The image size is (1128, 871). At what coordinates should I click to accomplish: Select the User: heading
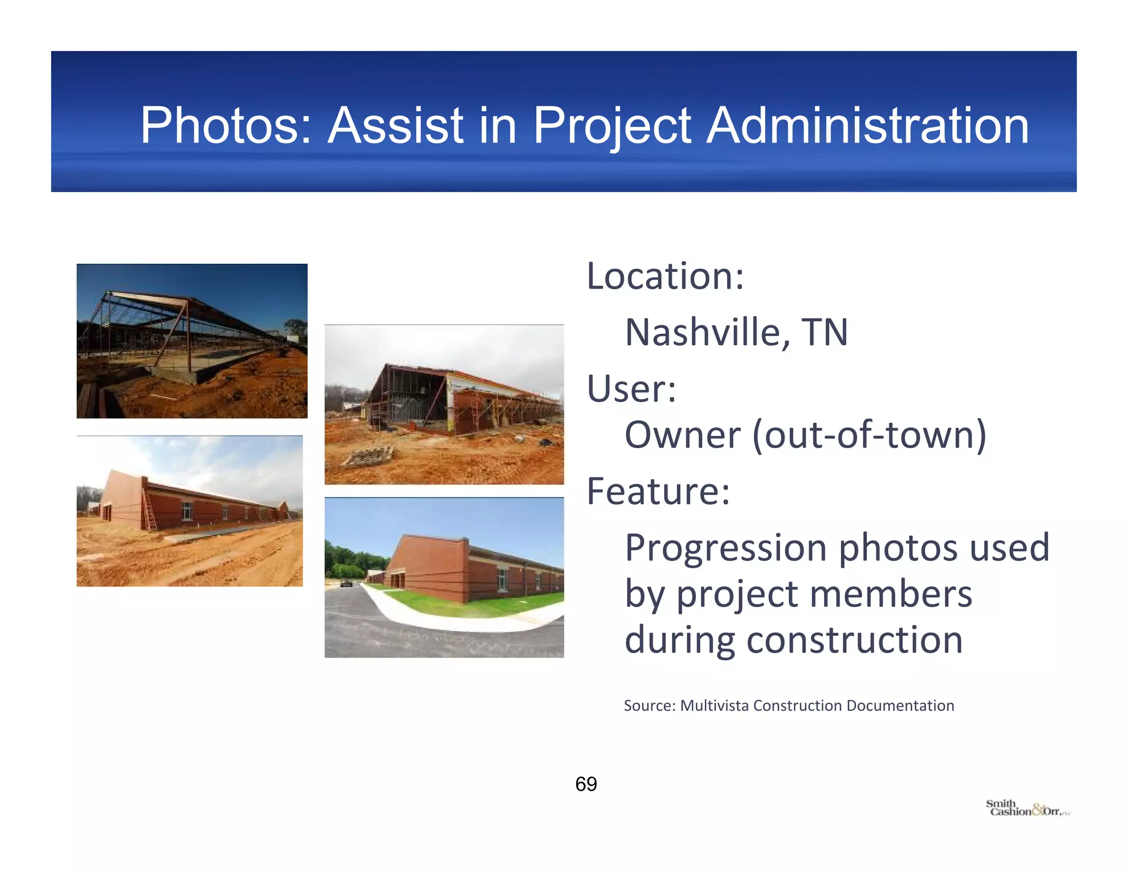click(x=631, y=389)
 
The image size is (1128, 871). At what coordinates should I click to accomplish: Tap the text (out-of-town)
click(x=870, y=435)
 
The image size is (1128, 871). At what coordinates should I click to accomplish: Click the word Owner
click(x=682, y=435)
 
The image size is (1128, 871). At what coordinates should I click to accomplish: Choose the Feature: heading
click(x=658, y=491)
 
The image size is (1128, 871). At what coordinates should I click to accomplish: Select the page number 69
click(x=585, y=784)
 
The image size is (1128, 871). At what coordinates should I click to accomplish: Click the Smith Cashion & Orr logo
click(x=1027, y=808)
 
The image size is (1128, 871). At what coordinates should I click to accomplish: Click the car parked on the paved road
click(x=346, y=583)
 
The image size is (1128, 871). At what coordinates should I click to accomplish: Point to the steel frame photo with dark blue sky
click(x=192, y=341)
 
